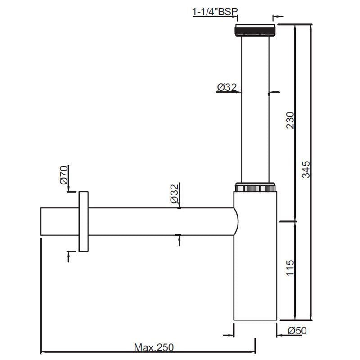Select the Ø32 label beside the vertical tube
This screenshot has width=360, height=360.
(227, 88)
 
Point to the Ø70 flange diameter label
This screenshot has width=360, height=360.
(64, 175)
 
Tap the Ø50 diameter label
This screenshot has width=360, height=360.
(297, 331)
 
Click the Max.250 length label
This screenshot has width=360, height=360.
(153, 347)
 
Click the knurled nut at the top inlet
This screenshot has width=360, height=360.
(254, 31)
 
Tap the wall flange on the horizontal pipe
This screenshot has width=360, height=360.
(84, 221)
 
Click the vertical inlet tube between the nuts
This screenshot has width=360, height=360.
(255, 108)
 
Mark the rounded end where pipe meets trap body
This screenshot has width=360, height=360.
(234, 221)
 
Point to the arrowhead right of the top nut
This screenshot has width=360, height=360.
(275, 17)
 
